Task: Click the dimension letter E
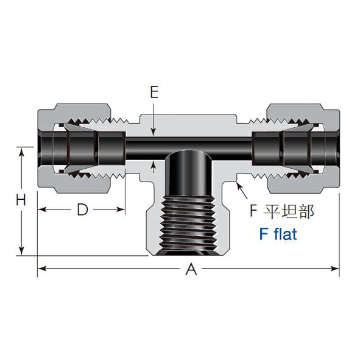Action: pos(154,93)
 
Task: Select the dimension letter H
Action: pos(21,200)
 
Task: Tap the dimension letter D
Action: pos(82,210)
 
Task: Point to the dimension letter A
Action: pos(191,269)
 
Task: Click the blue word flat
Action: pos(286,234)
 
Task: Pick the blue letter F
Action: pos(264,234)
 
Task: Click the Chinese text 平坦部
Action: pos(289,211)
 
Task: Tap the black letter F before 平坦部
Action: pos(253,211)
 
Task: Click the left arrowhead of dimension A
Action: pos(42,269)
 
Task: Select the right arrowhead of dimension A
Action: pos(335,269)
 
